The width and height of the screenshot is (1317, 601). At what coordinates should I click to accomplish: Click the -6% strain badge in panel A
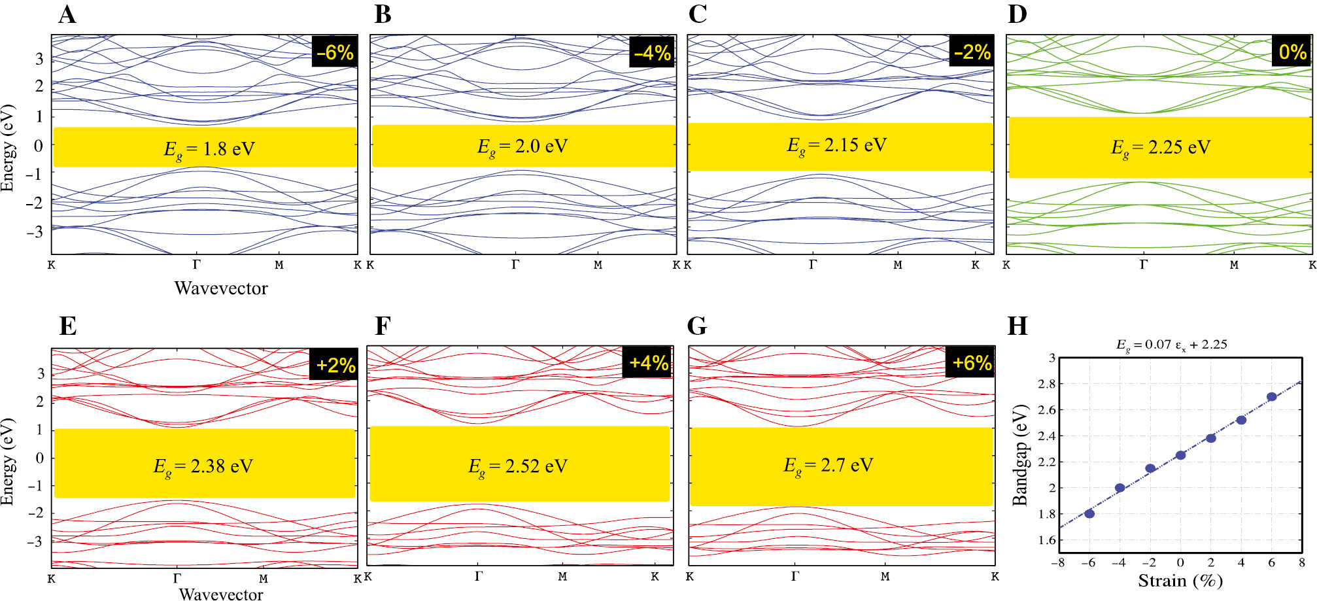click(x=335, y=52)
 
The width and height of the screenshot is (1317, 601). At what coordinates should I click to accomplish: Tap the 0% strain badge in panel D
click(x=1292, y=52)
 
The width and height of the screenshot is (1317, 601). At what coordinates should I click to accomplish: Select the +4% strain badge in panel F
click(x=647, y=362)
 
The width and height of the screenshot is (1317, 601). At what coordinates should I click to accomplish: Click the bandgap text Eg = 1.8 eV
click(x=209, y=149)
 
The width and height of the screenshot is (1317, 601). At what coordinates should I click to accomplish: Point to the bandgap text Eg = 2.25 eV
click(x=1161, y=148)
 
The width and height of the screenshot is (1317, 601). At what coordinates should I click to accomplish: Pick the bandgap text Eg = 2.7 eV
click(x=829, y=466)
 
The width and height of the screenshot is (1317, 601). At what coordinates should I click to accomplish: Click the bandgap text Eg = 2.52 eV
click(x=518, y=466)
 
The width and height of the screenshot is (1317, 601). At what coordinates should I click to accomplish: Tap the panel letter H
click(x=1018, y=326)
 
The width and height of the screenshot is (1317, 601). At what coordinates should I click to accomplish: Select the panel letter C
click(x=697, y=14)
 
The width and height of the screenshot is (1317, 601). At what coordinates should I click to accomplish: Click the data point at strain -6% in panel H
click(x=1089, y=513)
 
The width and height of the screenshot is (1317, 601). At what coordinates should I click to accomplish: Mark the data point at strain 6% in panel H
click(x=1272, y=397)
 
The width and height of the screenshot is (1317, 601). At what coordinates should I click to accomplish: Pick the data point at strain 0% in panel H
click(x=1180, y=455)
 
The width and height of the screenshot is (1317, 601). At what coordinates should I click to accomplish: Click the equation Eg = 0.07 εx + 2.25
click(x=1171, y=345)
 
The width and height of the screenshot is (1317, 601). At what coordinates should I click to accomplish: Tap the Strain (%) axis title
click(x=1180, y=581)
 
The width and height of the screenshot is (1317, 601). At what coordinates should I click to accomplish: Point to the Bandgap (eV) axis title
click(x=1019, y=455)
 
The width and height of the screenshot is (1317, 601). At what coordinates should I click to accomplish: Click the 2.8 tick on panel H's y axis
click(x=1046, y=384)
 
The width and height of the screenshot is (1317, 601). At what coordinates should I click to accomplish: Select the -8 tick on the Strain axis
click(x=1058, y=562)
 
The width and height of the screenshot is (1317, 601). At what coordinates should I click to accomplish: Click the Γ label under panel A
click(x=196, y=265)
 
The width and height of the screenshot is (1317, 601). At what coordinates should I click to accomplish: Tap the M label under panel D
click(x=1234, y=265)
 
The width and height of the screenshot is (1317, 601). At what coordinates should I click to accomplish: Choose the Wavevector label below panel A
click(x=221, y=288)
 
